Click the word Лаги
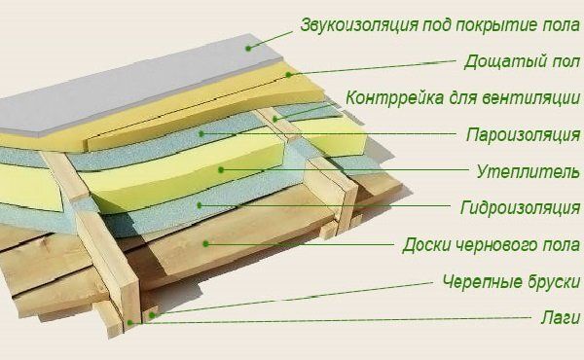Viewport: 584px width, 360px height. click(x=560, y=317)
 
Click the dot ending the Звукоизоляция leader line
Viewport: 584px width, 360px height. click(x=249, y=47)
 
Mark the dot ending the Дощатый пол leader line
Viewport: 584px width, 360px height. click(x=289, y=74)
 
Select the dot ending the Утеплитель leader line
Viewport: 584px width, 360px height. click(x=222, y=169)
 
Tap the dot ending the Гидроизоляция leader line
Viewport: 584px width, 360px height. click(x=199, y=205)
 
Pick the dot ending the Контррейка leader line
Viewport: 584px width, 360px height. click(x=275, y=118)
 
